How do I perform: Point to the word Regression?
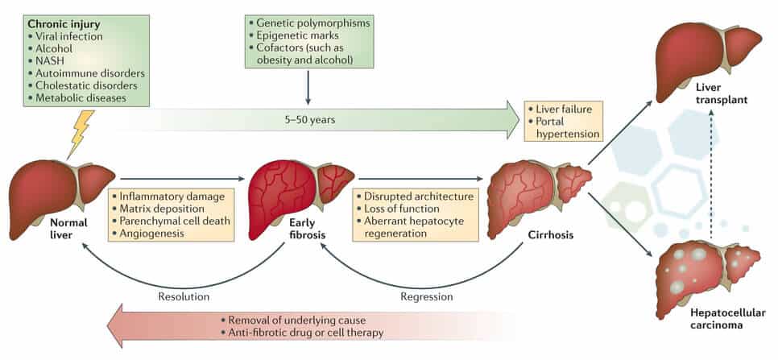coord(426,296)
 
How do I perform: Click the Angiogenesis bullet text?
coord(154,233)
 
